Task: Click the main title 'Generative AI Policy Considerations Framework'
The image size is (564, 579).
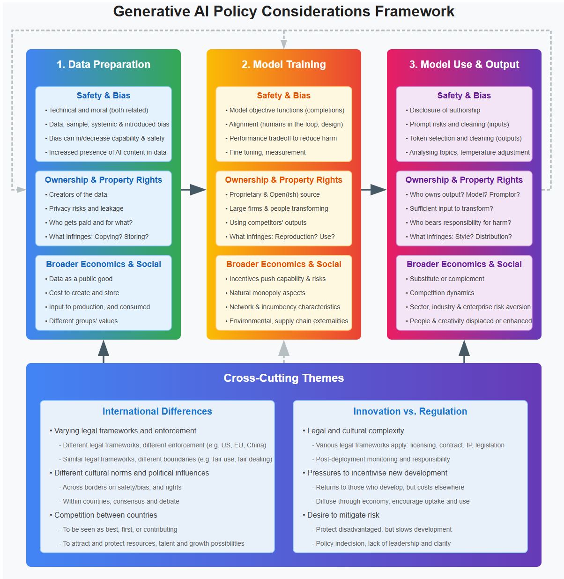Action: coord(283,11)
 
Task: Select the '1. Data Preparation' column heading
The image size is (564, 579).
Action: coord(104,65)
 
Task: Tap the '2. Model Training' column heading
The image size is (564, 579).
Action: coord(283,65)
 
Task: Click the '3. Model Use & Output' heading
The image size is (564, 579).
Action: coord(464,65)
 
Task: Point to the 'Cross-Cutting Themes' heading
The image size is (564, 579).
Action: coord(283,378)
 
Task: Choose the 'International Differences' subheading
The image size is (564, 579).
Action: coord(157,411)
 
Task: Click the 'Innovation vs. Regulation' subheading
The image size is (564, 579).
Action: coord(410,411)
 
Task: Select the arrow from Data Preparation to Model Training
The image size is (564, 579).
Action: coord(193,190)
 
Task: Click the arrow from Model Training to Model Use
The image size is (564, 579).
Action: coord(374,190)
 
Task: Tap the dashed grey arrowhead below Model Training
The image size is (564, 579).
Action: coord(284,348)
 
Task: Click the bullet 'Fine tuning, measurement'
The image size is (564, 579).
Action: coord(267,152)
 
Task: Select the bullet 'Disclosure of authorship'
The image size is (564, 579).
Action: coord(445,110)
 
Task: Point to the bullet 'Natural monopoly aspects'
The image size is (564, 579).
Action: coord(267,293)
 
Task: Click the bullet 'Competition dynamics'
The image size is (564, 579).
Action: coord(442,293)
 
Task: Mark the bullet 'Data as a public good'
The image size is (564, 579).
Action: coord(81,279)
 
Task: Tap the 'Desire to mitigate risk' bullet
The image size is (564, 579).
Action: coord(343,515)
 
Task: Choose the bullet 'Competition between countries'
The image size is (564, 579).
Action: coord(105,515)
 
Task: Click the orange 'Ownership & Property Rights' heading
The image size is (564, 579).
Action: coord(283,180)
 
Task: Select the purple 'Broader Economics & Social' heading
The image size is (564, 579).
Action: coord(464,264)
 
